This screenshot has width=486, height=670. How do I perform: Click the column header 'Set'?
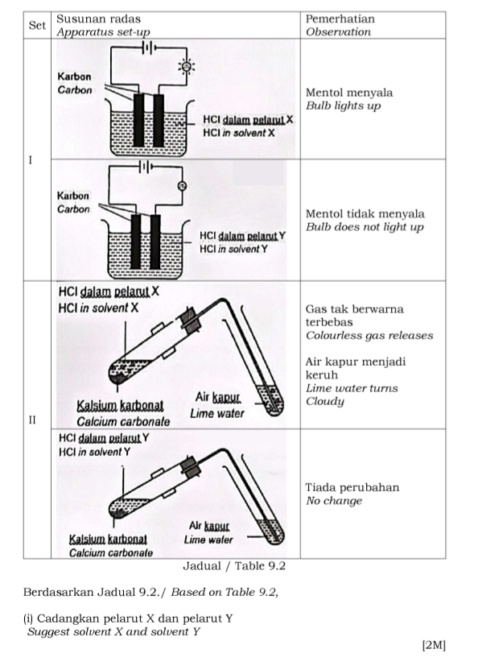coord(37,25)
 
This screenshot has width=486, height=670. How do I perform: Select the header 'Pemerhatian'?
coord(340,19)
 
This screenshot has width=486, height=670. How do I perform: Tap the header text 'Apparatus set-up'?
coord(101,32)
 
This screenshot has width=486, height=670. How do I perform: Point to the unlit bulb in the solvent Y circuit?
coord(182,187)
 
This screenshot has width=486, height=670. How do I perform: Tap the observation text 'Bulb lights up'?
coord(343,106)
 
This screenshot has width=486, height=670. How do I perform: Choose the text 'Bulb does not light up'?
coord(364,227)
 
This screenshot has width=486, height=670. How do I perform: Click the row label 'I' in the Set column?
coord(31,160)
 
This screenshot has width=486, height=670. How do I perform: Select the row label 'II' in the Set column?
coord(32,420)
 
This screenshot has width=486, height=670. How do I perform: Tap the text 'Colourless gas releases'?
coord(369,335)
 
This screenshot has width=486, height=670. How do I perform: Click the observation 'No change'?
coord(334,501)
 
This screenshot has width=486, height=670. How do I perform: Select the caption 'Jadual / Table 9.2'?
coord(234,566)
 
